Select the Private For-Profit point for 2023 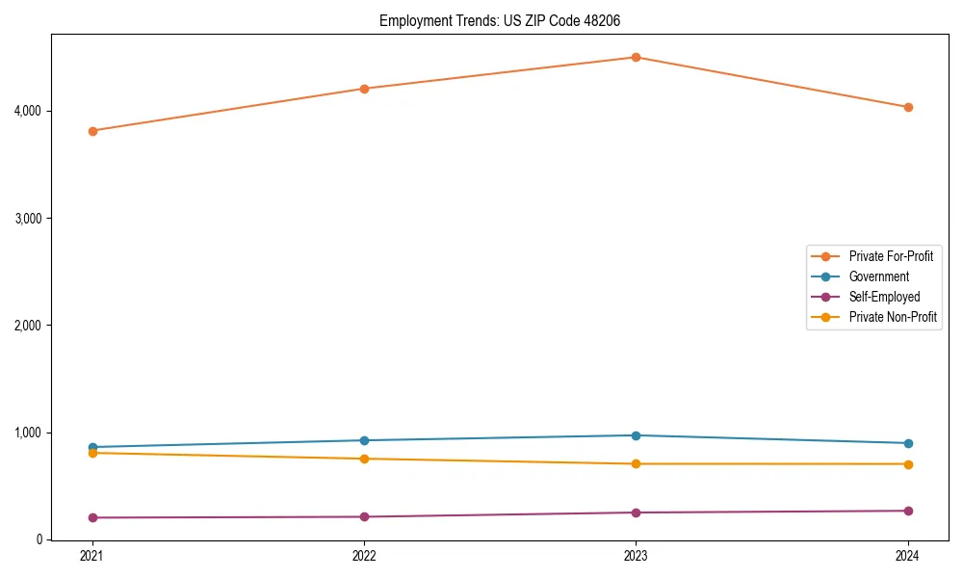(636, 57)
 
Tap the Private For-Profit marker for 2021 (92, 131)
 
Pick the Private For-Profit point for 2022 (364, 89)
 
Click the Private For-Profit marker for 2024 (908, 107)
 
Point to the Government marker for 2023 (636, 435)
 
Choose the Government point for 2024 (908, 443)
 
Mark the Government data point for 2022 (364, 440)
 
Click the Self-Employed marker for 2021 (92, 517)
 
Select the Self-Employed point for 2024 (908, 511)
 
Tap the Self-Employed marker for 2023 (636, 512)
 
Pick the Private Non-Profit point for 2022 (364, 459)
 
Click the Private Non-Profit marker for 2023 (636, 464)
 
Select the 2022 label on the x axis (364, 556)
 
